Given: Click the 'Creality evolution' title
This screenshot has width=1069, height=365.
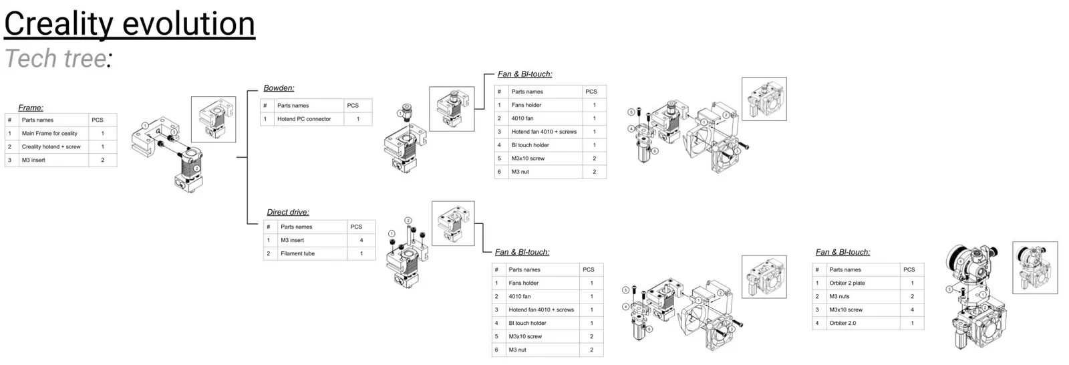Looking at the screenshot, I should click(x=129, y=23).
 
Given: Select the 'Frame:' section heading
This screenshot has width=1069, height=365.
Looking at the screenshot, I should click(x=31, y=108).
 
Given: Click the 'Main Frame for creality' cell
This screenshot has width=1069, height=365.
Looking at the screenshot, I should click(x=49, y=133).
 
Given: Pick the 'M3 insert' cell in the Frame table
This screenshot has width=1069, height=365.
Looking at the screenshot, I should click(x=33, y=160).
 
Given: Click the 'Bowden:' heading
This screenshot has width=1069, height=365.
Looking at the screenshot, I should click(x=279, y=88).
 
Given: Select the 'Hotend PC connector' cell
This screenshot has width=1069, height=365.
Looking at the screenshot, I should click(x=304, y=119).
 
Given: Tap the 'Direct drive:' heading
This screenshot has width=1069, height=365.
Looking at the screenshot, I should click(x=288, y=213).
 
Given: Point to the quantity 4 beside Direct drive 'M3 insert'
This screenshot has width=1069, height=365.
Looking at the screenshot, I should click(x=361, y=240).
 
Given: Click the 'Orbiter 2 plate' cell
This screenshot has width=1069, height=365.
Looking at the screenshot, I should click(x=847, y=283).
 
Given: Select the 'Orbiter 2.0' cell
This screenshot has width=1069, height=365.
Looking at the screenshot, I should click(x=843, y=323).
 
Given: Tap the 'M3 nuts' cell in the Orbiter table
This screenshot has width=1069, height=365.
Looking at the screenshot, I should click(x=840, y=296).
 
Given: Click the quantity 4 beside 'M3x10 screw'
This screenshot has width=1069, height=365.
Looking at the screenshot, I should click(x=912, y=310).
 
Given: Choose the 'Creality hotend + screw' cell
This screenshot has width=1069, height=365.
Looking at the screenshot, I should click(x=51, y=146).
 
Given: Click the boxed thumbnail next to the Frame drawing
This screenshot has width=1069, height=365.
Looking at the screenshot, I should click(x=213, y=119).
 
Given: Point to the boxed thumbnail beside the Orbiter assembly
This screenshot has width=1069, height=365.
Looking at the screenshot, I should click(x=1035, y=267).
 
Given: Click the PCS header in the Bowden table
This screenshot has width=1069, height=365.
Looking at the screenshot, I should click(x=353, y=106).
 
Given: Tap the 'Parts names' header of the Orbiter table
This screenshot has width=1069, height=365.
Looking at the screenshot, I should click(x=845, y=269).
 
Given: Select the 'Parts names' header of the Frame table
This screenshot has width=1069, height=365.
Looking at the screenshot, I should click(x=37, y=120).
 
